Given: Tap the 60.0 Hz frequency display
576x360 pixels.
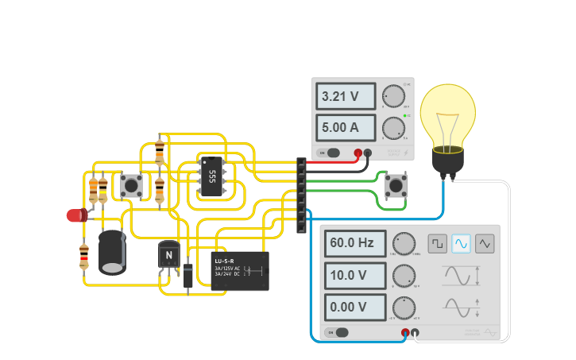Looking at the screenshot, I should click(x=354, y=243).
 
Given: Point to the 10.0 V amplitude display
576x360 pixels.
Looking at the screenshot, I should click(x=354, y=276).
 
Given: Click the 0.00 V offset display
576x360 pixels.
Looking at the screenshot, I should click(x=354, y=307).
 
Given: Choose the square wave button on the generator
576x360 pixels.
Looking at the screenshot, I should click(x=437, y=243).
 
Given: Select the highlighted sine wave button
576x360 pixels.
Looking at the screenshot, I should click(x=461, y=243).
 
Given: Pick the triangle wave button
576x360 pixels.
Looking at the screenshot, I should click(x=485, y=243).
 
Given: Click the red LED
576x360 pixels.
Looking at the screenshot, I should click(x=76, y=215).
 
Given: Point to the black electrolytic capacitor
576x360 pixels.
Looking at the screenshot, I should click(x=112, y=252).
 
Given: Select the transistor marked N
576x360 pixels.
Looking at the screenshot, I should click(x=169, y=254).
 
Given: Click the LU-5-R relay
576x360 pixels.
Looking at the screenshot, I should click(x=240, y=270).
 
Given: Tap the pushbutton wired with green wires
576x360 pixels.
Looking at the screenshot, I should click(x=395, y=187).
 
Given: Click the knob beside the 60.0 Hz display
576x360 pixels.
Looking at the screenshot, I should click(x=404, y=243).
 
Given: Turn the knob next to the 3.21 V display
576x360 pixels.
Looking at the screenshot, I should click(x=392, y=98).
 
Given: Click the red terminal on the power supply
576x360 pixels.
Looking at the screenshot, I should click(x=358, y=153).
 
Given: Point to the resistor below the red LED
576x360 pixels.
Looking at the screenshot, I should click(x=84, y=256).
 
